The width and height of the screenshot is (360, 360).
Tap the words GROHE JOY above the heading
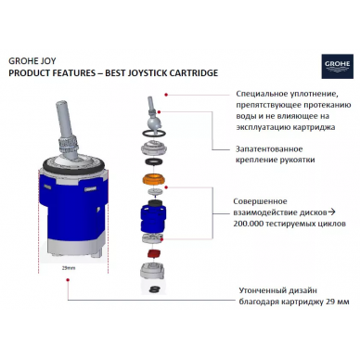pos(32,61)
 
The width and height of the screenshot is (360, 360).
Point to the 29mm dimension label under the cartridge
pos(69,268)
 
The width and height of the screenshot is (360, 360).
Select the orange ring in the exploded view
pos(153,179)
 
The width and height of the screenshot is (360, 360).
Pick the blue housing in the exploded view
pos(153,218)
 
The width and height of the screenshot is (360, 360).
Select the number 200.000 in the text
pos(249,224)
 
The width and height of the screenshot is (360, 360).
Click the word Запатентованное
pos(269,149)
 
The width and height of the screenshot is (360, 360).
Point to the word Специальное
pos(262,94)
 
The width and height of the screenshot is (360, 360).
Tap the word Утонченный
pos(261,290)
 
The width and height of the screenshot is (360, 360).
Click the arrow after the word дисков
pos(331,212)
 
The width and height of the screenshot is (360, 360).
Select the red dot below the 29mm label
pos(68,280)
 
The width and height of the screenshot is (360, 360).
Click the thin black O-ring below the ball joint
pos(154,133)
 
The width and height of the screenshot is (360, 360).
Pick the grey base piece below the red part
pos(152,271)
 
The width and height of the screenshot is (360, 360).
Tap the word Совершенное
pos(260,201)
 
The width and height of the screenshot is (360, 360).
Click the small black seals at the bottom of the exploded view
pos(153,289)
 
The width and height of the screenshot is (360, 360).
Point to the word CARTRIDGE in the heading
pos(192,73)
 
